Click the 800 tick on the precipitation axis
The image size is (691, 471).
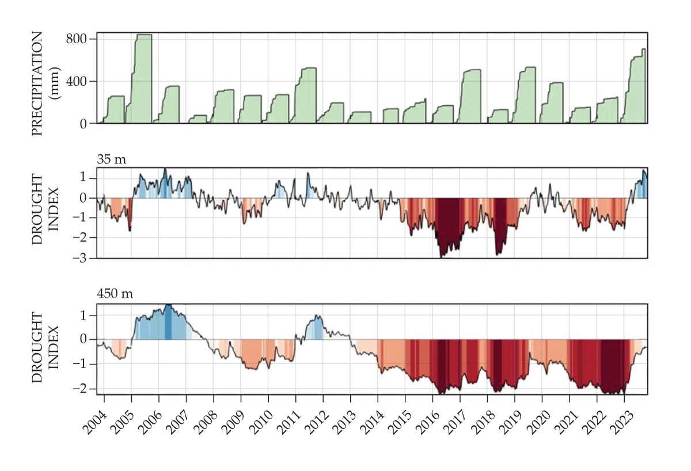click(77, 39)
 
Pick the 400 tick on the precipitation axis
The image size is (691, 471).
click(77, 81)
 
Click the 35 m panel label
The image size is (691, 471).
click(111, 160)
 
